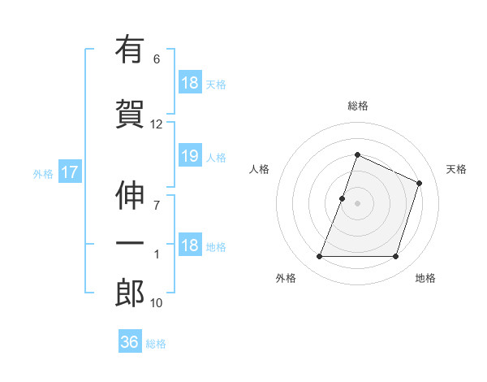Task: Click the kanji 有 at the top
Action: point(130,51)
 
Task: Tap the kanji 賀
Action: point(130,113)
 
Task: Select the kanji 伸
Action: point(130,196)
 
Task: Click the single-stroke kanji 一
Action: point(130,244)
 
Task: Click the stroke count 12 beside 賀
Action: point(157,124)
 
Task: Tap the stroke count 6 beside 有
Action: point(157,59)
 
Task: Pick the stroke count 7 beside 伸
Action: point(157,204)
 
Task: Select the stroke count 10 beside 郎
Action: point(157,303)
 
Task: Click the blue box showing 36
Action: point(130,342)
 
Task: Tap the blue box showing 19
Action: point(189,156)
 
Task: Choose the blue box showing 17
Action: point(69,172)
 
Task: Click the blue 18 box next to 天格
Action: point(189,83)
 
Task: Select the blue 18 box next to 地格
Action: point(189,245)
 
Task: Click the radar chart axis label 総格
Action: point(358,106)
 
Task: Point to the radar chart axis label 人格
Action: point(259,169)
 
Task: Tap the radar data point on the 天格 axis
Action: point(419,183)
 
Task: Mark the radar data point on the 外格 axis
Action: point(320,257)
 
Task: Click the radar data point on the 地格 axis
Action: point(396,257)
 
